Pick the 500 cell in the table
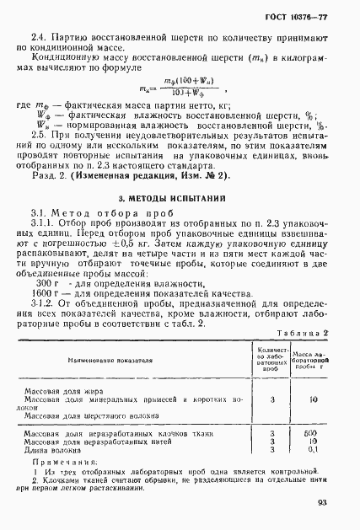click(313, 435)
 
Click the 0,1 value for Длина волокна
click(313, 450)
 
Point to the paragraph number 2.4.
click(38, 40)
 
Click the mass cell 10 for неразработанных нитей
click(313, 442)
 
